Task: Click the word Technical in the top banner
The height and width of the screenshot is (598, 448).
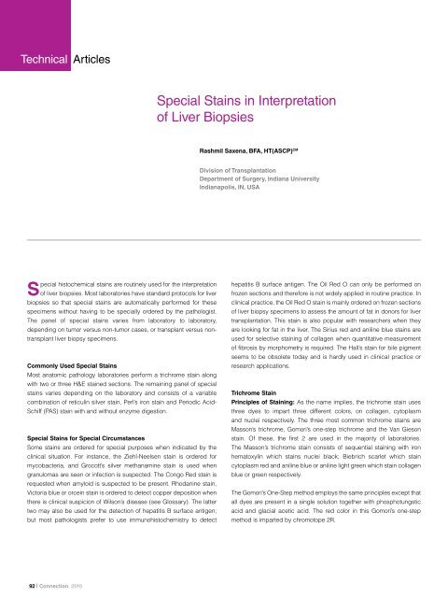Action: tap(34, 60)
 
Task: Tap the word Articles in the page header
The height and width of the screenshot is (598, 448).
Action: tap(90, 60)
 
